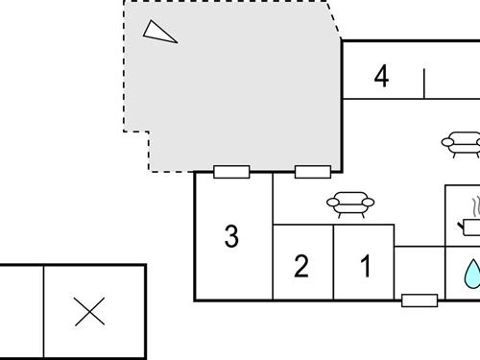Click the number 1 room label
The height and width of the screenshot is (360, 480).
coord(365,266)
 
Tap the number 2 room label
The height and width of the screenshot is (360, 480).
coord(301,266)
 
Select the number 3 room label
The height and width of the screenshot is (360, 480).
coord(231,235)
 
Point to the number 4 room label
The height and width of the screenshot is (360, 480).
coord(382,76)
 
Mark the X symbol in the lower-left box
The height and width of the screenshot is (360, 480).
coord(89,312)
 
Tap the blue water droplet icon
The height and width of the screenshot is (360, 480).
coord(470,274)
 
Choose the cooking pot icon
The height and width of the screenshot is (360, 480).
coord(471,226)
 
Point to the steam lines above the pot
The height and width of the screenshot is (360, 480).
coord(474,205)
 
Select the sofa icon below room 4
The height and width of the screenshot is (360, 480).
coord(462,144)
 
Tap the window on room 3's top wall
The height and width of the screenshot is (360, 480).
coord(231,172)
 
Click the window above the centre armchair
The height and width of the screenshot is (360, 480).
coord(313,172)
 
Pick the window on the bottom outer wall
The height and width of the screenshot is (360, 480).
coord(420,300)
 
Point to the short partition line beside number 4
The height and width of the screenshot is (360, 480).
coord(423,84)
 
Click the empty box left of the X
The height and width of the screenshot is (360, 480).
coord(21,312)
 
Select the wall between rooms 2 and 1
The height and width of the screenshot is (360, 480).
coord(333,262)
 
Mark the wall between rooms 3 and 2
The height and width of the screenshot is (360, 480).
coord(273,262)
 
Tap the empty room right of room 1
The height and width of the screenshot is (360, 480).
coord(420,273)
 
